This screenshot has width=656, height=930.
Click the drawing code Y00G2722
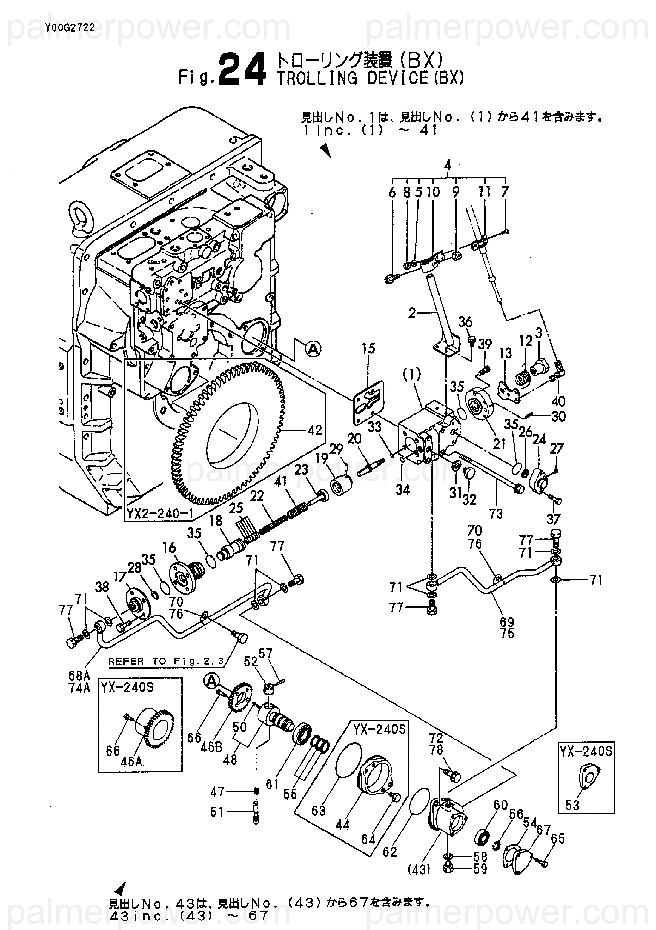pos(70,27)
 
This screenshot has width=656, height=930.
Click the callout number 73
pos(496,514)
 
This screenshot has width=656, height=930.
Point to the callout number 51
pos(217,812)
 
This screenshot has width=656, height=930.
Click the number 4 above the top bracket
pos(447,165)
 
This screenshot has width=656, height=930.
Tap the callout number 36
pos(465,322)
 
